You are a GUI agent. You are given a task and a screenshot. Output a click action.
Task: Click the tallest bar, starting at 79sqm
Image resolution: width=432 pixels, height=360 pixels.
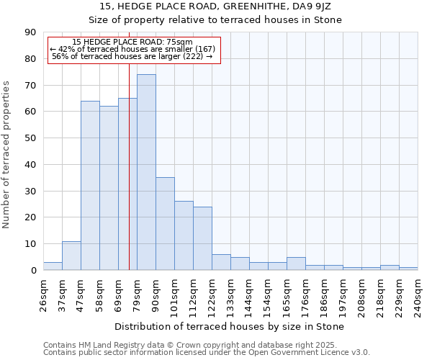(x=146, y=172)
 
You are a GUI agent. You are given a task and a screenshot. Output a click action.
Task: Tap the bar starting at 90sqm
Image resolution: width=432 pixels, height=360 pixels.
(x=165, y=224)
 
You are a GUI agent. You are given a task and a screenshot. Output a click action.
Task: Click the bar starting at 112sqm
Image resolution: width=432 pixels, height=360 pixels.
(x=202, y=238)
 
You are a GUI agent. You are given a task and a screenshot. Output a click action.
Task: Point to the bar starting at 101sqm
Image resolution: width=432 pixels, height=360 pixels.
(x=184, y=235)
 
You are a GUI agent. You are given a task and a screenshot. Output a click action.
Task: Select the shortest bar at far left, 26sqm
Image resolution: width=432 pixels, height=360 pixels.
(x=53, y=266)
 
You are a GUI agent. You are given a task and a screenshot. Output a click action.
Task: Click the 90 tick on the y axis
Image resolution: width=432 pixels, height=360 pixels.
(x=30, y=32)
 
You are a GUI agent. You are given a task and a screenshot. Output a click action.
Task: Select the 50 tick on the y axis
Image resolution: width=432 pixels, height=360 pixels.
(x=30, y=138)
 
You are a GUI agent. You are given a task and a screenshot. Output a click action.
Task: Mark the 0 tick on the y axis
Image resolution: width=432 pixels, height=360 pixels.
(x=33, y=271)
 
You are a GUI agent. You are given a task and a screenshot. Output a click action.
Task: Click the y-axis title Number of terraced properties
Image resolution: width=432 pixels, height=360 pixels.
(x=6, y=155)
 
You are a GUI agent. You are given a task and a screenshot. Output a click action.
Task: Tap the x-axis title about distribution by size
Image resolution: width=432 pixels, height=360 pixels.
(x=229, y=326)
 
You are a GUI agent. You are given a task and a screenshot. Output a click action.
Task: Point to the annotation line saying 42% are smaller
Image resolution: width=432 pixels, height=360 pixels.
(x=132, y=49)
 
